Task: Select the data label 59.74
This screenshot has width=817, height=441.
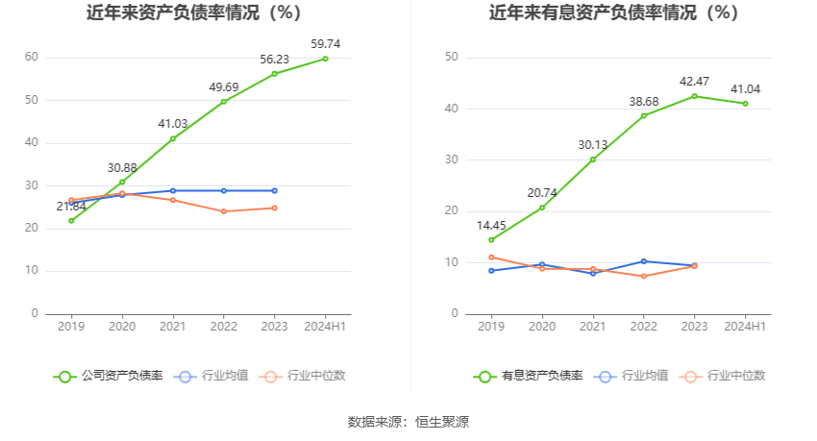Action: (325, 43)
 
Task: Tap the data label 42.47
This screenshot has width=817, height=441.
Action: (694, 81)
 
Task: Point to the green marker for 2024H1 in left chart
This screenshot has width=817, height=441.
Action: (325, 59)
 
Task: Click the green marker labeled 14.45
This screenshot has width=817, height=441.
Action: (491, 240)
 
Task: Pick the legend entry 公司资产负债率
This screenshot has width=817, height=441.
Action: (108, 376)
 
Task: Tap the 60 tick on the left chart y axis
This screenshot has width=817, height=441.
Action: (32, 58)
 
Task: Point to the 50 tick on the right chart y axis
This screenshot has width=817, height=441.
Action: (452, 58)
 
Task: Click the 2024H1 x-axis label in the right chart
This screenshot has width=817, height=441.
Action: (745, 327)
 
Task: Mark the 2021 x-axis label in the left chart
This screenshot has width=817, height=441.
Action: (173, 327)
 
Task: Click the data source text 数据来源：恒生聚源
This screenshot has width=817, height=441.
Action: (408, 421)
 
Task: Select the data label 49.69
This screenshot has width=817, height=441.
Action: (223, 87)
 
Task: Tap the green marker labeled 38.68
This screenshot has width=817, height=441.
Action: (643, 115)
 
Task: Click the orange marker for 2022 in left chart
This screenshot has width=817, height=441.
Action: (223, 211)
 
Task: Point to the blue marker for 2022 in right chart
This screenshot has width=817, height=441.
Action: (643, 261)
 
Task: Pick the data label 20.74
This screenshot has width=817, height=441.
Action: (542, 192)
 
